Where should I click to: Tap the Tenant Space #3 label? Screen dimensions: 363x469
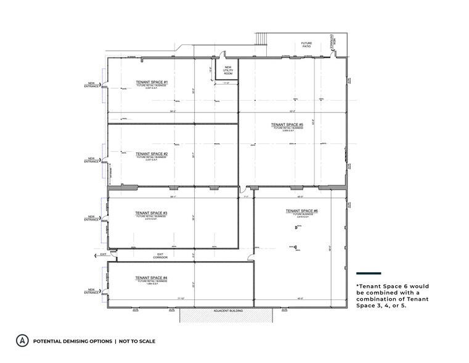(x=152, y=213)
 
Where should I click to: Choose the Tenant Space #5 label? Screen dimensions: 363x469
(x=287, y=125)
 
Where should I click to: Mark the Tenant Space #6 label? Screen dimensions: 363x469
(x=301, y=211)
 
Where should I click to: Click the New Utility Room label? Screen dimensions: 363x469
(x=227, y=71)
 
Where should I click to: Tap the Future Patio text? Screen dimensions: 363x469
(x=306, y=45)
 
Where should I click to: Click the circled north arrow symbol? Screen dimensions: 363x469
(x=22, y=341)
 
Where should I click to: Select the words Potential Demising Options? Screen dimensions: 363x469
(x=73, y=341)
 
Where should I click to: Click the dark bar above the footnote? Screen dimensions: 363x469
(x=369, y=273)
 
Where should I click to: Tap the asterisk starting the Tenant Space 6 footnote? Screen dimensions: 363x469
(x=358, y=286)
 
